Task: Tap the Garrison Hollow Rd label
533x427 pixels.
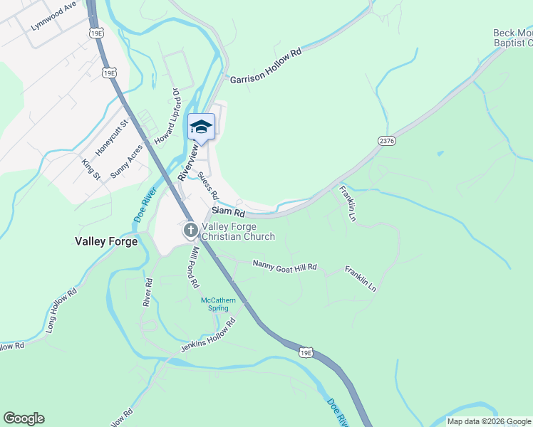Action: [x=266, y=65]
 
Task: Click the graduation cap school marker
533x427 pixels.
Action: [x=201, y=127]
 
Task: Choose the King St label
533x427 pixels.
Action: [x=90, y=169]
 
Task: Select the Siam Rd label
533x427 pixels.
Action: [x=229, y=213]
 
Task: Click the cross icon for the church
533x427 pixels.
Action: [x=190, y=230]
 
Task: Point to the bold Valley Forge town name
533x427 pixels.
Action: [x=106, y=241]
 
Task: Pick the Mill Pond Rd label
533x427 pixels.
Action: [x=194, y=267]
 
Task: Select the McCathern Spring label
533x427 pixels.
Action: [x=218, y=304]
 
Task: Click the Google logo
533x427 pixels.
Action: [x=24, y=418]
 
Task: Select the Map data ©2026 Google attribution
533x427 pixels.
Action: [x=488, y=421]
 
